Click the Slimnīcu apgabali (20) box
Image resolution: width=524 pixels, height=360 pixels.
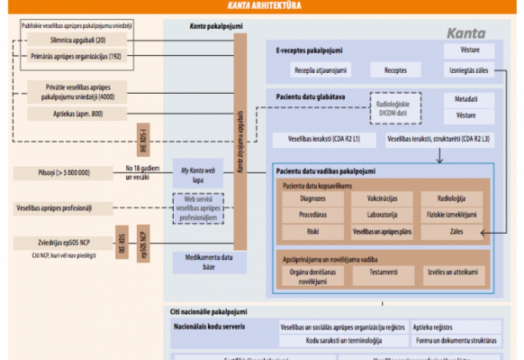pos(77,40)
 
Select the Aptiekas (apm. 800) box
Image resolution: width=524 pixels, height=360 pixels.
pos(77,114)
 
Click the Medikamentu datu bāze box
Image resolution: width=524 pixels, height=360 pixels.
pos(201,262)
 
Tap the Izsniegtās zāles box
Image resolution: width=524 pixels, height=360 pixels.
pos(469,70)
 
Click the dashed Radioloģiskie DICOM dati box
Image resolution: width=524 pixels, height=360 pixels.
pos(395,108)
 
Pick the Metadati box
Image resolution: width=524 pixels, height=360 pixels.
pos(469,100)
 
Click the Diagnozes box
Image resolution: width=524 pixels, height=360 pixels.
pos(312,198)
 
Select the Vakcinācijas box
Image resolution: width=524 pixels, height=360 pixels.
pos(382,198)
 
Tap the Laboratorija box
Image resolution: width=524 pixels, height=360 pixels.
pos(382,215)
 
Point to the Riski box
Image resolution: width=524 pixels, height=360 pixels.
pos(312,232)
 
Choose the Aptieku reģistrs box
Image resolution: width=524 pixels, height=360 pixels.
pos(456,327)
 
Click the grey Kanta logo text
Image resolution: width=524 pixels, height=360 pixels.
pos(466,34)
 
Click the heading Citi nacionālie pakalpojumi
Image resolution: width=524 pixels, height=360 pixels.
pos(208,312)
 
